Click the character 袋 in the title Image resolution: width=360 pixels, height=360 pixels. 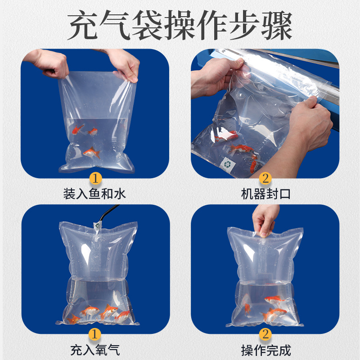pyautogui.click(x=148, y=25)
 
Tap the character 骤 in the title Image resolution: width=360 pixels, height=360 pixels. pyautogui.click(x=277, y=25)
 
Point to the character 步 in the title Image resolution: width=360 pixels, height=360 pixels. pyautogui.click(x=244, y=25)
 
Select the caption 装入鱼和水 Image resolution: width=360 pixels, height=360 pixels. pyautogui.click(x=94, y=193)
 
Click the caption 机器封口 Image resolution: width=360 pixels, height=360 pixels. pyautogui.click(x=265, y=193)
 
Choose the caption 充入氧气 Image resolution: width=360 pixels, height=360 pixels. pyautogui.click(x=95, y=350)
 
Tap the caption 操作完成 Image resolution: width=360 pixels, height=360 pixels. pyautogui.click(x=265, y=350)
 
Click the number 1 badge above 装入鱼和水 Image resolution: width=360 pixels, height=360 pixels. pyautogui.click(x=95, y=178)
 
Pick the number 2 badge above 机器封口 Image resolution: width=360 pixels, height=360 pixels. pyautogui.click(x=265, y=178)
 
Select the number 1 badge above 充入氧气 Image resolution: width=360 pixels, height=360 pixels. pyautogui.click(x=94, y=334)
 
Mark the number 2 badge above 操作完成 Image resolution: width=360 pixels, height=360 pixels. pyautogui.click(x=265, y=334)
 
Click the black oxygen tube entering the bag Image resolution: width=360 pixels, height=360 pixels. pyautogui.click(x=108, y=212)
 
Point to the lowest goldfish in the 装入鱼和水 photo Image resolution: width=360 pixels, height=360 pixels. pyautogui.click(x=92, y=152)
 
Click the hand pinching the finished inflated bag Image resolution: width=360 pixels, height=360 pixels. pyautogui.click(x=265, y=220)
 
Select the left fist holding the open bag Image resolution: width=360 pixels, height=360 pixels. pyautogui.click(x=49, y=63)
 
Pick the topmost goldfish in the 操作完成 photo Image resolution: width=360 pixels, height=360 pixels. pyautogui.click(x=274, y=300)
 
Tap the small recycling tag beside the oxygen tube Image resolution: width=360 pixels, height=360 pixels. pyautogui.click(x=97, y=226)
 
